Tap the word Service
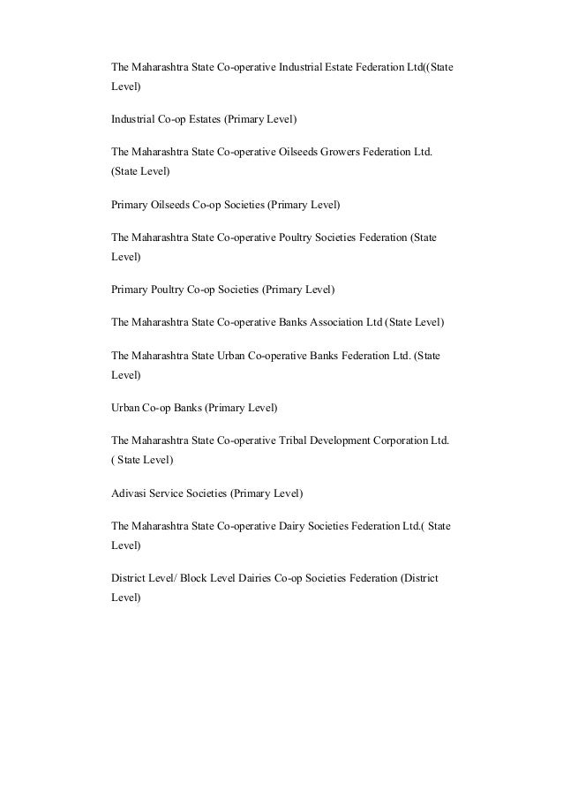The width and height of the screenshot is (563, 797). [168, 492]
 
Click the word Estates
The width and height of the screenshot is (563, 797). [202, 118]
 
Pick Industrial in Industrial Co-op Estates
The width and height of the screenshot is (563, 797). [134, 118]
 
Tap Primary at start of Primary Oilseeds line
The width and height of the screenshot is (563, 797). [130, 205]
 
